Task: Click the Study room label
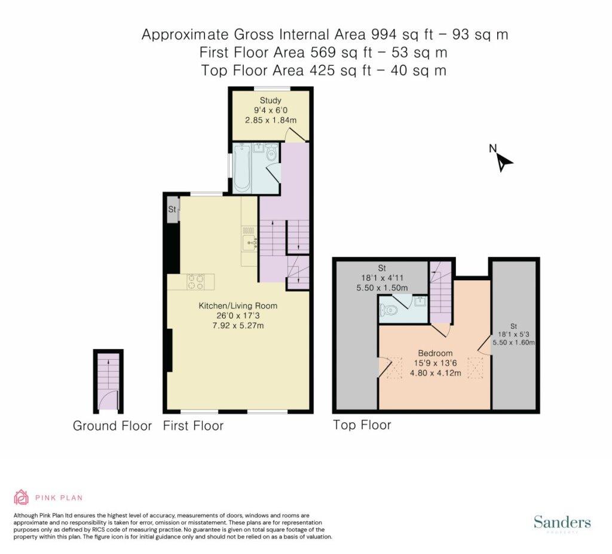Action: pyautogui.click(x=271, y=101)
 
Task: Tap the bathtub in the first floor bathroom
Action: pyautogui.click(x=242, y=168)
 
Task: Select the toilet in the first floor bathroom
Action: pyautogui.click(x=271, y=153)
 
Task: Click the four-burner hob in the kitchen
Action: pyautogui.click(x=195, y=282)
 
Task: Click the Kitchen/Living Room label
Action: pyautogui.click(x=238, y=306)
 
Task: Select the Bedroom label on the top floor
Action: pyautogui.click(x=436, y=353)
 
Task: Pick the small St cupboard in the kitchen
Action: pyautogui.click(x=172, y=210)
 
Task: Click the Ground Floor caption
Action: pyautogui.click(x=112, y=426)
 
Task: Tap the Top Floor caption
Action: pyautogui.click(x=362, y=425)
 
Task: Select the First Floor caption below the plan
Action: pyautogui.click(x=193, y=426)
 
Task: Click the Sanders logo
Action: pyautogui.click(x=562, y=522)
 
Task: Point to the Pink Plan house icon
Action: pyautogui.click(x=22, y=497)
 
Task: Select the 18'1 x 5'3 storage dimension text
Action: pyautogui.click(x=513, y=334)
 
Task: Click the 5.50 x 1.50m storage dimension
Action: pyautogui.click(x=382, y=288)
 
